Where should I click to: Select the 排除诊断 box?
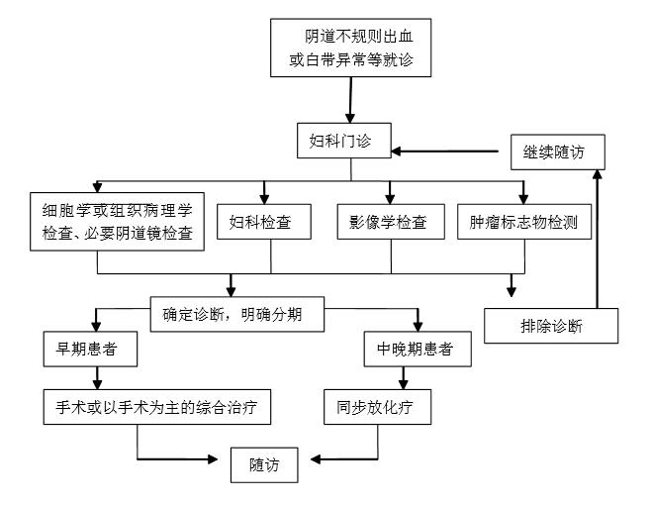pos(550,325)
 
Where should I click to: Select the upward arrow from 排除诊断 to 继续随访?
pos(597,238)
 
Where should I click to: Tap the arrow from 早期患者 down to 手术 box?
pos(97,376)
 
